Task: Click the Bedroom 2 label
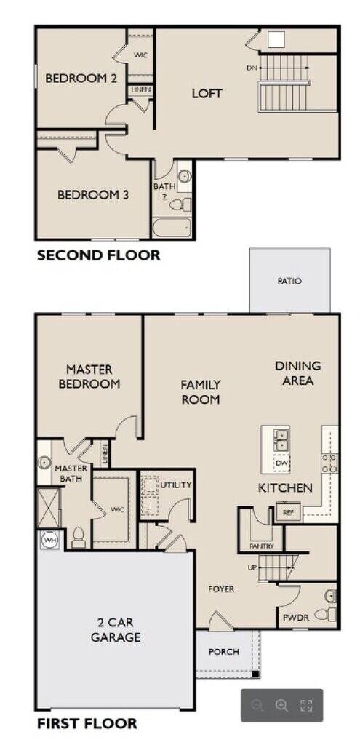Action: (x=81, y=79)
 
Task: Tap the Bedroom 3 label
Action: (x=93, y=195)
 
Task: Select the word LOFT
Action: (x=207, y=94)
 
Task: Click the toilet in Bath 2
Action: (x=180, y=205)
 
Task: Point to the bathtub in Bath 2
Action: (x=172, y=228)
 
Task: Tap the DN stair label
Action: (x=251, y=68)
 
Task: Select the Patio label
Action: (x=289, y=282)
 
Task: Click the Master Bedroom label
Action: (x=89, y=376)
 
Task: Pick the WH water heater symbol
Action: (x=49, y=541)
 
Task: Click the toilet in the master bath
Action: (x=79, y=538)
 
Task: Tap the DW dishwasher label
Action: (x=281, y=463)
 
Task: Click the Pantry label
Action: (x=261, y=546)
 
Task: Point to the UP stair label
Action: (x=252, y=567)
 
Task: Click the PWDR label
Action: (x=296, y=618)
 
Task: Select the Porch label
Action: (x=224, y=652)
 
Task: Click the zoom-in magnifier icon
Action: (x=281, y=706)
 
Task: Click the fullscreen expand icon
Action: (x=306, y=706)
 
